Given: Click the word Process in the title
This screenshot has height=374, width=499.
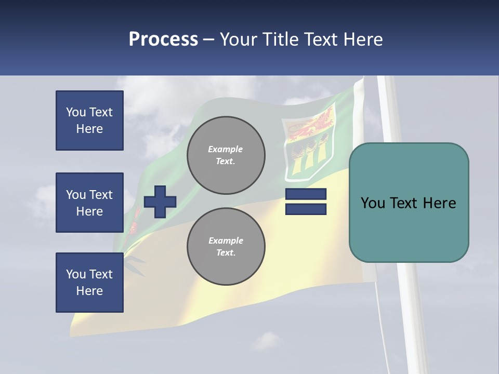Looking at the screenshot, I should [163, 39].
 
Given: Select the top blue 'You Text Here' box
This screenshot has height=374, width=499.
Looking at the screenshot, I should [89, 121].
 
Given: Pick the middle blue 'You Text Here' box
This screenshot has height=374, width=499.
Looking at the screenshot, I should [89, 203].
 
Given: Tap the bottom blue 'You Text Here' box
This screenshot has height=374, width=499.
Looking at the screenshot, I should [89, 283].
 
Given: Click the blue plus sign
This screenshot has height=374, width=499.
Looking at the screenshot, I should [160, 202].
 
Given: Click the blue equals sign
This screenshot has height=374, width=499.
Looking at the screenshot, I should [306, 202].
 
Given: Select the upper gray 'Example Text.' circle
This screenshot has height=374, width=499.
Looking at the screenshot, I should [226, 155].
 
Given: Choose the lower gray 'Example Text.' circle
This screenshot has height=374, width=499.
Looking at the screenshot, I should [226, 247].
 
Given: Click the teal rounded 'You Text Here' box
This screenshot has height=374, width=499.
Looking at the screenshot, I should [409, 203].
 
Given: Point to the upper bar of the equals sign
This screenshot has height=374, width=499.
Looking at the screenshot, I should [306, 194].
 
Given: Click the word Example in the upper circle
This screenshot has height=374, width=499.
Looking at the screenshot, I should [226, 149].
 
